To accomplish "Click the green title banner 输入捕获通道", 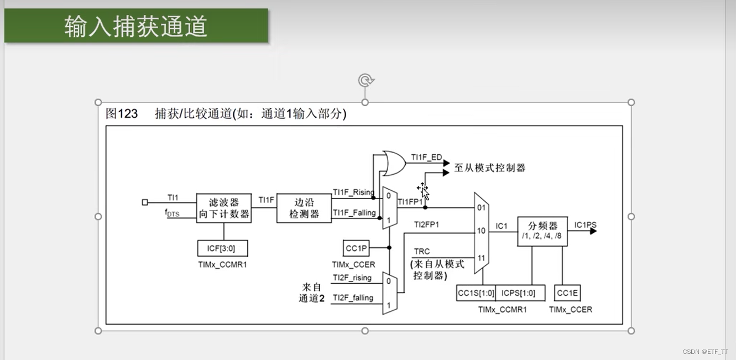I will pos(136,26).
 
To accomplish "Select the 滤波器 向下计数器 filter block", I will pos(223,208).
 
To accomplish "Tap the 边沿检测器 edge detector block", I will pos(304,208).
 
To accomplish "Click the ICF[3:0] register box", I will pos(223,248).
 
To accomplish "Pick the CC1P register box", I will pos(357,248).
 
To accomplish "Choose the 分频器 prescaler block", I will pos(542,231).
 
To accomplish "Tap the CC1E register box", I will pos(567,293).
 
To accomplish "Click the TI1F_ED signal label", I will pos(426,158).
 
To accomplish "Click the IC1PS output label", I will pos(585,225).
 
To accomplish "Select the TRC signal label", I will pos(422,252).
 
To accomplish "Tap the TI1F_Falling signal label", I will pos(354,213).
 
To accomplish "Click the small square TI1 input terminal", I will pos(145,202).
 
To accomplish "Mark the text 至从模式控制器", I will pos(489,168).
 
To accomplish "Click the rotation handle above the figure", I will pos(365,81).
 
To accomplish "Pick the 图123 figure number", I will pos(122,114).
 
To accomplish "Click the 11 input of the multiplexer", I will pos(481,258).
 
